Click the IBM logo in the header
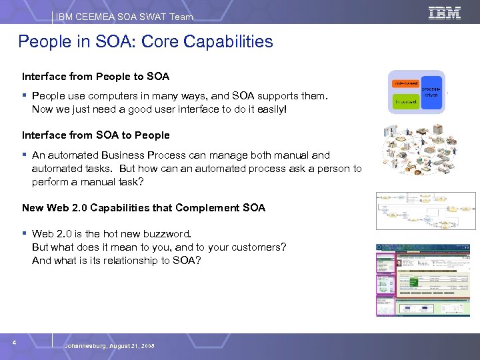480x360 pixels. (444, 13)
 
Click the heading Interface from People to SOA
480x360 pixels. (96, 77)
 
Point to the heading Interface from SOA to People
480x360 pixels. (96, 135)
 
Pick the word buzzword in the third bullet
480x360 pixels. (168, 234)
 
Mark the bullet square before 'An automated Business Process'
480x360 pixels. (25, 155)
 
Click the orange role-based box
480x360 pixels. (405, 83)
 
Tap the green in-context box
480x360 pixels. (405, 102)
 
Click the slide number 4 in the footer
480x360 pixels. (14, 343)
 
